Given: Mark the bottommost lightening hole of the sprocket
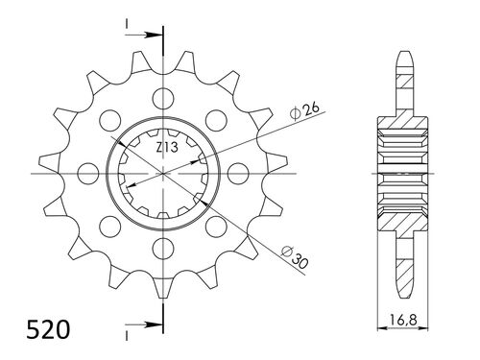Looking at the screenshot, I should click(164, 252).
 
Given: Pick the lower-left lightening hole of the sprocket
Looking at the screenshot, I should click(109, 228).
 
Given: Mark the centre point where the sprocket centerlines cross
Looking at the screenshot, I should click(164, 174).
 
